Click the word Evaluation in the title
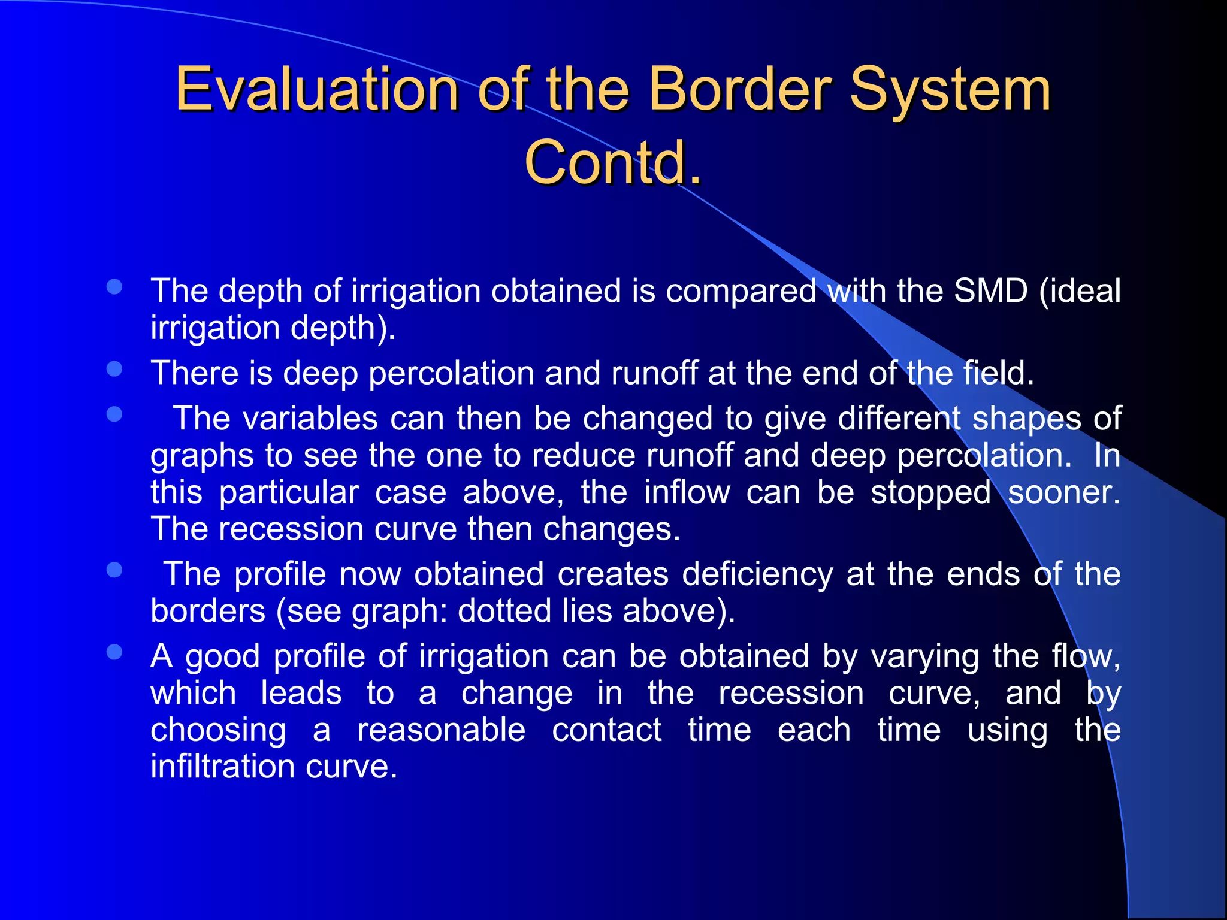pyautogui.click(x=316, y=90)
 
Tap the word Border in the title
pyautogui.click(x=739, y=90)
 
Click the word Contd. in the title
pyautogui.click(x=613, y=162)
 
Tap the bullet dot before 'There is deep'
pyautogui.click(x=114, y=369)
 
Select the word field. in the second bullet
pyautogui.click(x=998, y=373)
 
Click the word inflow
pyautogui.click(x=687, y=492)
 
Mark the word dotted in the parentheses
pyautogui.click(x=504, y=611)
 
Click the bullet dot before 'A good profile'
pyautogui.click(x=114, y=652)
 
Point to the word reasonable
pyautogui.click(x=442, y=730)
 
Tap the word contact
pyautogui.click(x=606, y=730)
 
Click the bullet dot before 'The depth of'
pyautogui.click(x=114, y=287)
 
